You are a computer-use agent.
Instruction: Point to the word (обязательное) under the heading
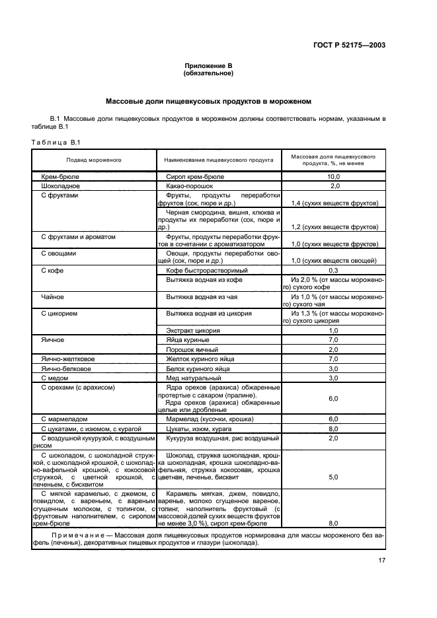208,74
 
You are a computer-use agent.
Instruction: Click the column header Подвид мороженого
93,160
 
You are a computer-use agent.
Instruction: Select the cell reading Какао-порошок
191,187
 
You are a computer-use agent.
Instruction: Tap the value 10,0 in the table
333,177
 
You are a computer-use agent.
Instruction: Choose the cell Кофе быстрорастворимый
207,270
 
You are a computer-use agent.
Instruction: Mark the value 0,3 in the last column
333,270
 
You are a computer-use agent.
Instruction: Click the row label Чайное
52,296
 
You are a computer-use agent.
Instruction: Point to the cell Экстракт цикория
196,329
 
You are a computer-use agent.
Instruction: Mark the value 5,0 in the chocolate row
333,475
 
